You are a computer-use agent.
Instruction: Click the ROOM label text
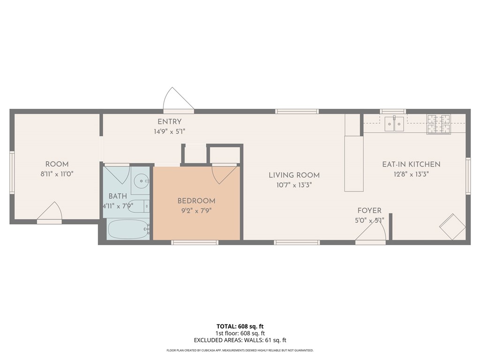57,164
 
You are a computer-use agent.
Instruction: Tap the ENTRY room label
170,121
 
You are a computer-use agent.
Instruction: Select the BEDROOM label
196,201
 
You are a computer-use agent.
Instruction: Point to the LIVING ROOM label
294,175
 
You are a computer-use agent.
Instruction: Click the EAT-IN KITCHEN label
411,164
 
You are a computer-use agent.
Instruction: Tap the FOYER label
369,210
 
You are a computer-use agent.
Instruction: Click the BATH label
118,196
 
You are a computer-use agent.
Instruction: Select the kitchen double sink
394,124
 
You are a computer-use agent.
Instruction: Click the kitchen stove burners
439,124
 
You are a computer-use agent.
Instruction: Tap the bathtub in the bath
128,229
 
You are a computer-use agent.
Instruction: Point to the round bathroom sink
142,181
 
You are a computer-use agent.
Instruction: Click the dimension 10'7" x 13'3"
294,185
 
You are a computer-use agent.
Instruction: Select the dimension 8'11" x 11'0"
57,174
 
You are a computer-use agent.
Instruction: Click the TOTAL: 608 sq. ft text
240,326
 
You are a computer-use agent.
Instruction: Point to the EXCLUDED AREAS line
240,340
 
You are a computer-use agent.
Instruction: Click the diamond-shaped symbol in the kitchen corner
452,227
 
